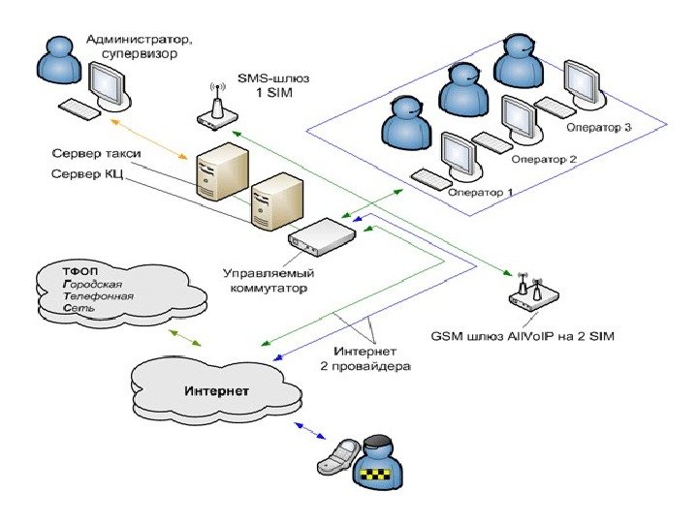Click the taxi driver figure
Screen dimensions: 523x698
point(378,462)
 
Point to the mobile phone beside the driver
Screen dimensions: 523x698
point(340,457)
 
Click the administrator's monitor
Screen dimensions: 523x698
point(108,86)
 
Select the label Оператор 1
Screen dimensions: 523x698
point(481,191)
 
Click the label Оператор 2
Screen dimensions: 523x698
point(544,159)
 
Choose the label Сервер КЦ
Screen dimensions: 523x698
point(84,174)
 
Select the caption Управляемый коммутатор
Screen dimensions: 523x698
point(265,281)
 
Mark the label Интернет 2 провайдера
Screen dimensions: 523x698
point(371,359)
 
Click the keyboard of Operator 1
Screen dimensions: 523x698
point(430,178)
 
